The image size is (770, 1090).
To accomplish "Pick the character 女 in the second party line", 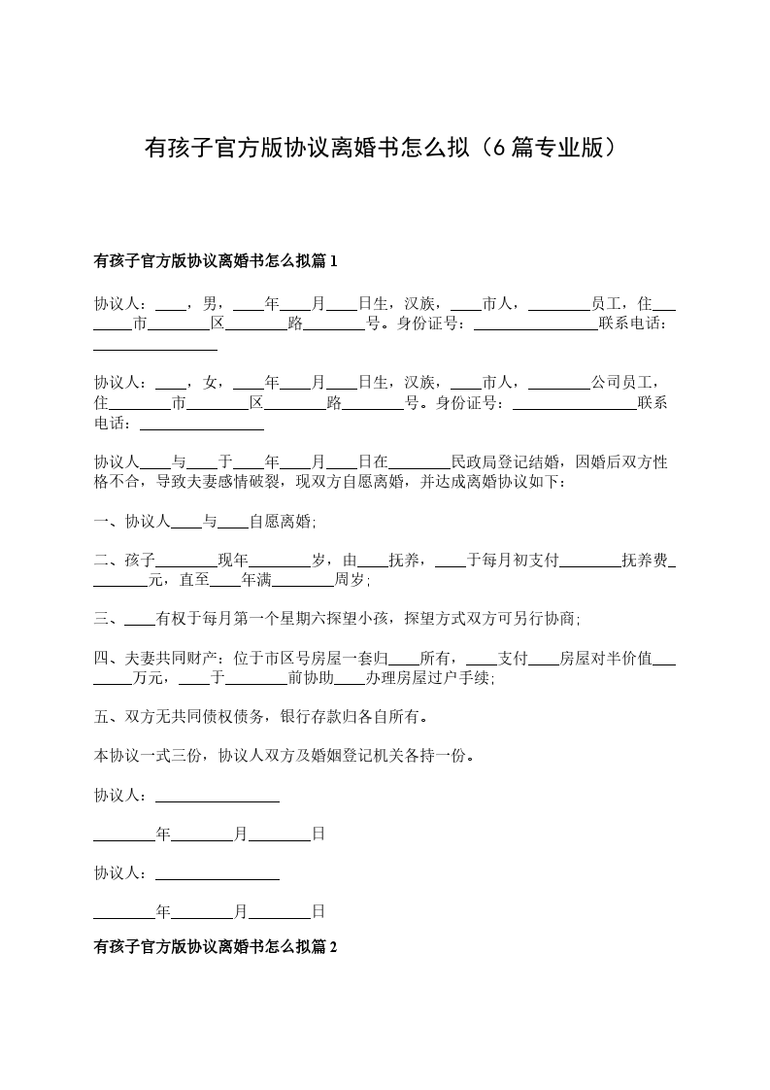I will tap(211, 382).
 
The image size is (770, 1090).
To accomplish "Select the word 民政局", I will tap(476, 462).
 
